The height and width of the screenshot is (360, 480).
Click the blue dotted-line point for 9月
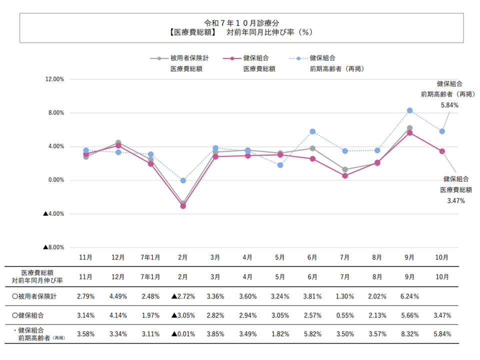point(409,110)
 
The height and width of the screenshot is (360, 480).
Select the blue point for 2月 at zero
point(183,180)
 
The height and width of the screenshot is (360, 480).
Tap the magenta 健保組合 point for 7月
point(345,175)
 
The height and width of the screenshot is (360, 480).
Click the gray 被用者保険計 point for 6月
point(312,148)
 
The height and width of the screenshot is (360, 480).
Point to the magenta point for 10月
point(442,151)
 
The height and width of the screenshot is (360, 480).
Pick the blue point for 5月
point(280,165)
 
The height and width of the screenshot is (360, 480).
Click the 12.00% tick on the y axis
point(54,79)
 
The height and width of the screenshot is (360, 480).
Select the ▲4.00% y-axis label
point(54,213)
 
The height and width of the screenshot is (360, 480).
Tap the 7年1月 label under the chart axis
point(150,257)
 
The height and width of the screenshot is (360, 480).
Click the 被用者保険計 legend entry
point(189,58)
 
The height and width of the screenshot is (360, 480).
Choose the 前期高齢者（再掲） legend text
point(336,69)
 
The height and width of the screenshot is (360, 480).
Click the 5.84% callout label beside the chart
point(449,105)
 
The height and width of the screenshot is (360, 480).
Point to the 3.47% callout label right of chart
point(455,200)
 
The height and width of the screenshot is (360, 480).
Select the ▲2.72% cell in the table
point(183,296)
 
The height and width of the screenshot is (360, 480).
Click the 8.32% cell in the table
point(409,333)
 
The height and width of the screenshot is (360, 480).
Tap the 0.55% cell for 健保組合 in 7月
point(345,315)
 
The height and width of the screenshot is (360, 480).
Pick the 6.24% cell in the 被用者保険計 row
point(409,296)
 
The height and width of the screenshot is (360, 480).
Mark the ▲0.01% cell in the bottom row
point(183,333)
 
